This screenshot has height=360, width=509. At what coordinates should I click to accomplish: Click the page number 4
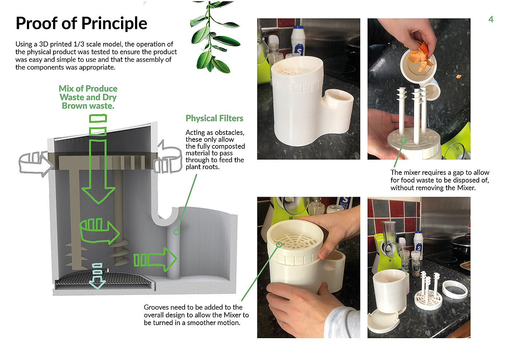click(x=491, y=19)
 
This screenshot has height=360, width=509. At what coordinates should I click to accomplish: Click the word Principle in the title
click(x=114, y=24)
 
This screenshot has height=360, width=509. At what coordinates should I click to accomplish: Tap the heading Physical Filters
click(x=214, y=119)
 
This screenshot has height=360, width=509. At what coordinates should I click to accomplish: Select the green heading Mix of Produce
click(x=88, y=88)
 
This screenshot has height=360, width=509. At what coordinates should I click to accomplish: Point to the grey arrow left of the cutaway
click(x=35, y=164)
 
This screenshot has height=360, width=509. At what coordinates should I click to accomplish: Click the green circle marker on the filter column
click(x=177, y=232)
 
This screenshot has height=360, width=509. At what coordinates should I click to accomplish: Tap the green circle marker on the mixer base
click(x=404, y=140)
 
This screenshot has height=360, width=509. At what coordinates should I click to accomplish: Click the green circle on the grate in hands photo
click(x=279, y=244)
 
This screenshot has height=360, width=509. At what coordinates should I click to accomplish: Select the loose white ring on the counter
click(x=455, y=290)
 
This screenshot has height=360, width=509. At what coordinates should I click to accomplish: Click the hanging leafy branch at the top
click(x=214, y=36)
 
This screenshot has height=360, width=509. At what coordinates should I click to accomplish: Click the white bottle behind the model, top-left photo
click(x=298, y=41)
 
